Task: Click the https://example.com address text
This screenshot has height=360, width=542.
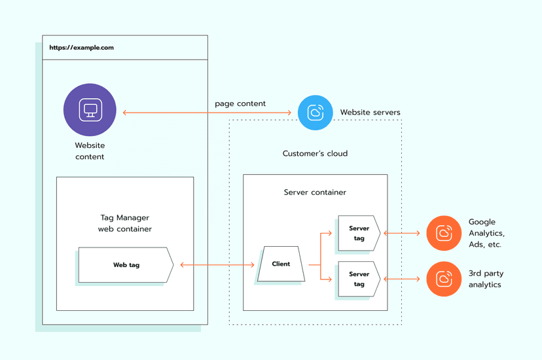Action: tap(82, 48)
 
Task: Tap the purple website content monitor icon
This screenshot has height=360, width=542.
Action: tap(90, 110)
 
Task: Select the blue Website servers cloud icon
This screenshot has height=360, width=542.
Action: tap(316, 113)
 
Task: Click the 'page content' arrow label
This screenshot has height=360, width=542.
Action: tap(240, 103)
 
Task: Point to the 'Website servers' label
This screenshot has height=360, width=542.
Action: tap(370, 113)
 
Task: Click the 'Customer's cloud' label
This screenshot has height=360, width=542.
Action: tap(315, 154)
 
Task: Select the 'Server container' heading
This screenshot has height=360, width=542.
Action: tap(315, 192)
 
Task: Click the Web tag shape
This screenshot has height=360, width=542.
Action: tap(126, 265)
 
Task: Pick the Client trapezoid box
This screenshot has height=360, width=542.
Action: tap(281, 264)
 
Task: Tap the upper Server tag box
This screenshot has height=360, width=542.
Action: tap(359, 233)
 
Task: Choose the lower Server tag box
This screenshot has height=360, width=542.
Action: tap(359, 279)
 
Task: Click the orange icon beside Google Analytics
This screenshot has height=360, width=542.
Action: tap(444, 233)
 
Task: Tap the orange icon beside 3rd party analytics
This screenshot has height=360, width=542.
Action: tap(444, 279)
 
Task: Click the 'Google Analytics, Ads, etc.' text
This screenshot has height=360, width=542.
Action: tap(486, 233)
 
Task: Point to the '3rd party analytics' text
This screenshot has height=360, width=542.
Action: tap(486, 279)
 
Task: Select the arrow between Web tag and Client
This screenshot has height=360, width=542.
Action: tap(217, 265)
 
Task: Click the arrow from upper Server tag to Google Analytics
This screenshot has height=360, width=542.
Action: tap(403, 233)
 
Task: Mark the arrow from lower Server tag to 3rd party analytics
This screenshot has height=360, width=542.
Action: tap(403, 279)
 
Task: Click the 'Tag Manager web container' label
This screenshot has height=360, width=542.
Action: tap(125, 223)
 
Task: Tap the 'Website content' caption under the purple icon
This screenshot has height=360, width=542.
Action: tap(90, 151)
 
